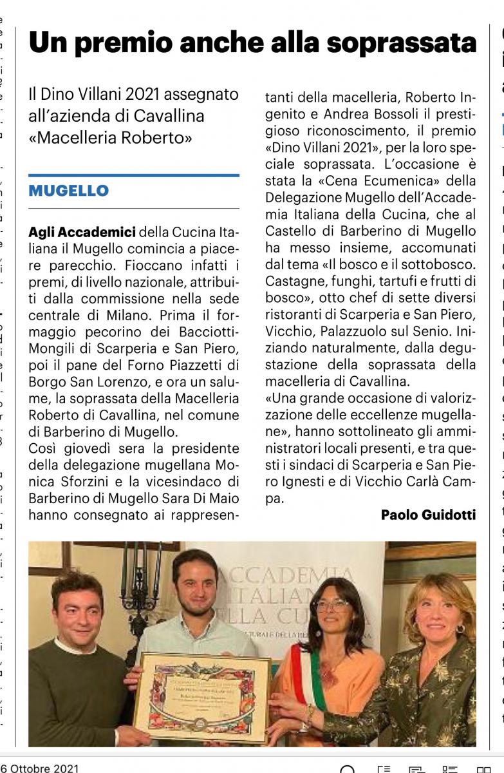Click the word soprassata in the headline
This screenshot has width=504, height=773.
pyautogui.click(x=400, y=43)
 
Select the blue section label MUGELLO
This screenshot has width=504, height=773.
pyautogui.click(x=68, y=191)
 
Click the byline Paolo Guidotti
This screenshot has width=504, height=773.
pyautogui.click(x=428, y=515)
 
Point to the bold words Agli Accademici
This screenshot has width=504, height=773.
pyautogui.click(x=82, y=232)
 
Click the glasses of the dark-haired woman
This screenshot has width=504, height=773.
pyautogui.click(x=331, y=606)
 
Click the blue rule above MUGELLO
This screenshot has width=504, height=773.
pyautogui.click(x=133, y=175)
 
